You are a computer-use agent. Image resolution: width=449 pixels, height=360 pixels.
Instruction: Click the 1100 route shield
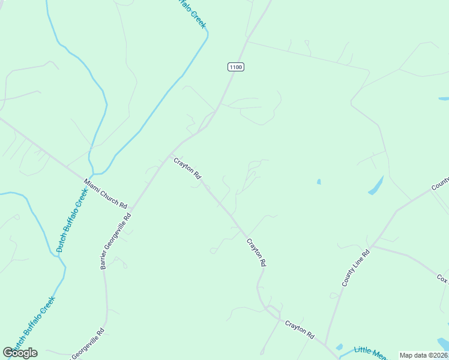(x=236, y=67)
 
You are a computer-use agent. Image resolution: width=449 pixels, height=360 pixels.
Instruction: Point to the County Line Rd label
(x=356, y=268)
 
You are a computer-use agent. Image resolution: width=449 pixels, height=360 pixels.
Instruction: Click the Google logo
(x=20, y=353)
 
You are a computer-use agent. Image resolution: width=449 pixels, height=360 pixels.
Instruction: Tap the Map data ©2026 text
(x=423, y=355)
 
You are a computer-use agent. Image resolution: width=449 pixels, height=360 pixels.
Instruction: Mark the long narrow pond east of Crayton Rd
(x=376, y=185)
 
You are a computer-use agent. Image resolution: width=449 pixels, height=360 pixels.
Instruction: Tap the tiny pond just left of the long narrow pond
(x=318, y=181)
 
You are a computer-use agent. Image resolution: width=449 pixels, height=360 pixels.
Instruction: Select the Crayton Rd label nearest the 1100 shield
(x=187, y=169)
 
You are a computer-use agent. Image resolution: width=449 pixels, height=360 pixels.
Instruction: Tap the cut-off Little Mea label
(x=370, y=353)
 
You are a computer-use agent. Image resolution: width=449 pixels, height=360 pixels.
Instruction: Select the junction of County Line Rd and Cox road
(x=373, y=245)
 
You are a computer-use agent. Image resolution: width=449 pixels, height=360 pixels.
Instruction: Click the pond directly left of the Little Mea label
(x=340, y=347)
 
